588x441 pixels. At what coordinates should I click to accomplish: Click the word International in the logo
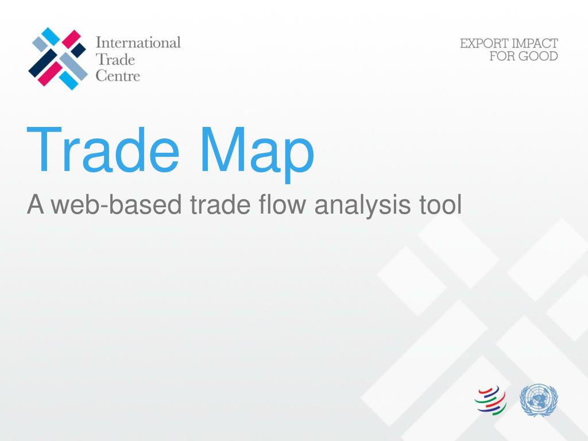point(138,42)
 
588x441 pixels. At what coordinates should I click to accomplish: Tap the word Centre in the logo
point(117,75)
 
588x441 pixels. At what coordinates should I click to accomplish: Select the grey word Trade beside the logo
point(115,59)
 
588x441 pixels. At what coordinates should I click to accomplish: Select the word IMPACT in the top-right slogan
point(536,44)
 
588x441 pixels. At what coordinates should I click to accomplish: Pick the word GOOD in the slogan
point(538,56)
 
